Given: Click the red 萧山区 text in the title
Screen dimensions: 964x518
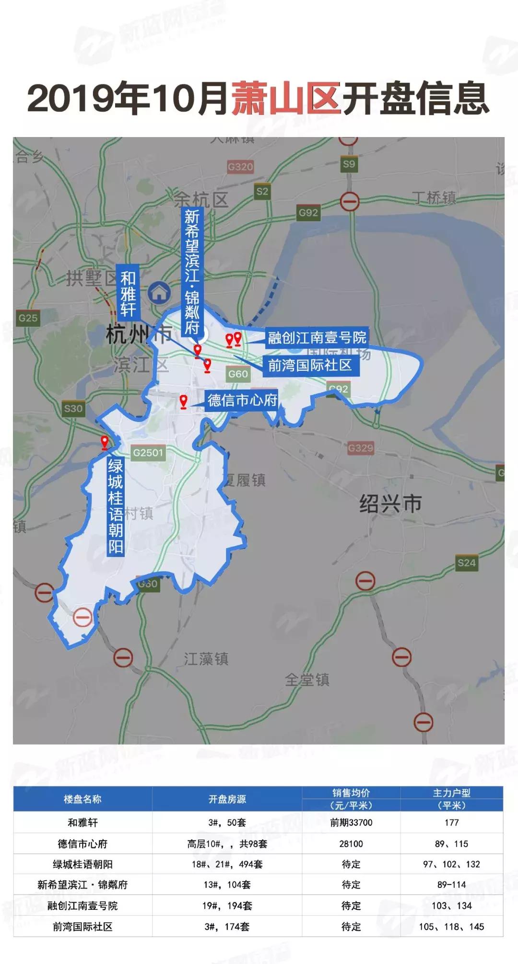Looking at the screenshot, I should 286,98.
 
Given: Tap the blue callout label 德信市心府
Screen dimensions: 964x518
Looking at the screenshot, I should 242,400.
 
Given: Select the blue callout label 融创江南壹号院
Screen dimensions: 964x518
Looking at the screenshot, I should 317,337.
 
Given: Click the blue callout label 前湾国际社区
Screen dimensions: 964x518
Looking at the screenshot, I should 309,365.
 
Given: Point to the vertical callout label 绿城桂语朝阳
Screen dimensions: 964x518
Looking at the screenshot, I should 115,506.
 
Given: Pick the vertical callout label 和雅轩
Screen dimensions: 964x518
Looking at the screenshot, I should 128,294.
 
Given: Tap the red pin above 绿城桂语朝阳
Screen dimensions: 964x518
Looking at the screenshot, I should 105,442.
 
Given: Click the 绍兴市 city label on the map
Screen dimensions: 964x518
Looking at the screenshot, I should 390,504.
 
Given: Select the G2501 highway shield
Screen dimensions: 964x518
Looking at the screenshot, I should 148,453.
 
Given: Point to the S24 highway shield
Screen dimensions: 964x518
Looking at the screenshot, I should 466,562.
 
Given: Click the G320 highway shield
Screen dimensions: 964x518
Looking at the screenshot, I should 240,167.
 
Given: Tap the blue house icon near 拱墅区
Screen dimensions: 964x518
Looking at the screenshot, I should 159,292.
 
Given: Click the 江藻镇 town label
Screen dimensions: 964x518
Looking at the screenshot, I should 206,659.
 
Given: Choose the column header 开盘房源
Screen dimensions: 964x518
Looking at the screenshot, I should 227,799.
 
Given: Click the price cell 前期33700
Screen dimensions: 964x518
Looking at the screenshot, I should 351,823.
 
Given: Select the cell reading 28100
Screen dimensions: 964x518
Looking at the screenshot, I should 351,844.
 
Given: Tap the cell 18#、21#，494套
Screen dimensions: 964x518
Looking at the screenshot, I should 227,864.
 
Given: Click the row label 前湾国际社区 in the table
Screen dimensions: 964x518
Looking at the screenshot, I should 82,927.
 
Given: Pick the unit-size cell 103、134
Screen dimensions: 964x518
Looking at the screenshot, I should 451,906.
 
